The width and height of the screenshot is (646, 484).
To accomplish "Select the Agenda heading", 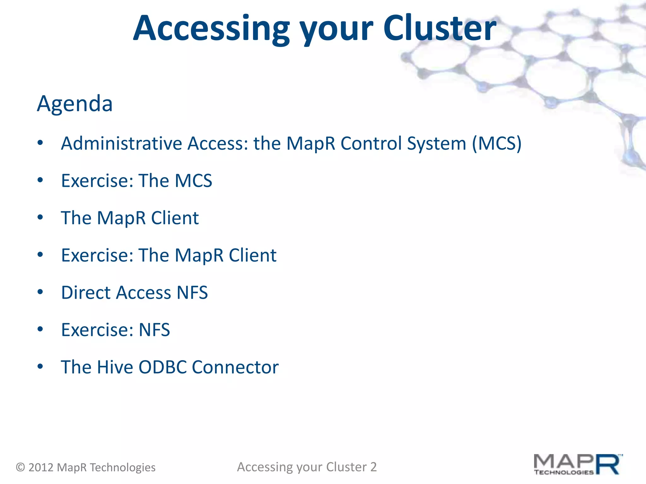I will [75, 104].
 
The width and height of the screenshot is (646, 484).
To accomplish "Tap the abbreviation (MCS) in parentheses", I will [496, 144].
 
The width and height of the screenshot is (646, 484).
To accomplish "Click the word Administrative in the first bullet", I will [122, 144].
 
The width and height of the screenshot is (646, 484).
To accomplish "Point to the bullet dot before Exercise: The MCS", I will [40, 180].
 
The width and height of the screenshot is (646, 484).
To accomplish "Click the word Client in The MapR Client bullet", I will [175, 218].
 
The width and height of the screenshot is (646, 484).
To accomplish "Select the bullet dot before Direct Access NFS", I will [40, 292].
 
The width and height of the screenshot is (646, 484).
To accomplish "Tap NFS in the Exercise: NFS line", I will [154, 330].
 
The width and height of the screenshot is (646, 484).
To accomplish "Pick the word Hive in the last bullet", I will [115, 367].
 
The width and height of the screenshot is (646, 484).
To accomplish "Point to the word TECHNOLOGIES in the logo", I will [564, 472].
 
